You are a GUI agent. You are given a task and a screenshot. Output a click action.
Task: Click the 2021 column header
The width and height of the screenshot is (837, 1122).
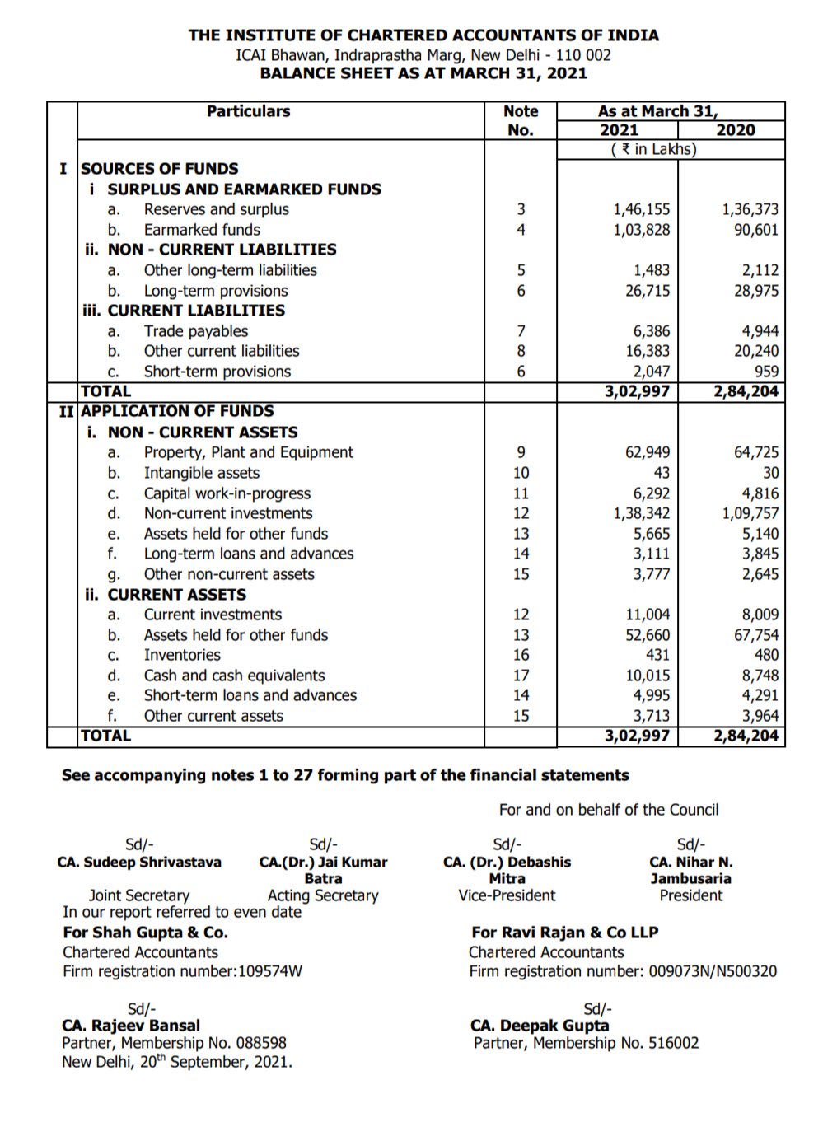[x=618, y=130]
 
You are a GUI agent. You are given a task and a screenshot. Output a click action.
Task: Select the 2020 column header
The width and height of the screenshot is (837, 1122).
[x=735, y=130]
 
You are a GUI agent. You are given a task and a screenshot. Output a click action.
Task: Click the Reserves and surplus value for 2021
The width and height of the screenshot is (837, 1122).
[x=641, y=210]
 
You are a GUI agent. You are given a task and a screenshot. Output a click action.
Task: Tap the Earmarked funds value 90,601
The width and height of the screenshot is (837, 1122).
[x=755, y=230]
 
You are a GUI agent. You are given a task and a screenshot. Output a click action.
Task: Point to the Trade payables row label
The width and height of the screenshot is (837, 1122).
[x=195, y=331]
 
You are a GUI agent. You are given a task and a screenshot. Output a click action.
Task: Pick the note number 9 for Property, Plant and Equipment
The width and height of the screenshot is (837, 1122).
[x=521, y=452]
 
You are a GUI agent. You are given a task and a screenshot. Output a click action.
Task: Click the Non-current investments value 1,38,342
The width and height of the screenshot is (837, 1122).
[x=641, y=513]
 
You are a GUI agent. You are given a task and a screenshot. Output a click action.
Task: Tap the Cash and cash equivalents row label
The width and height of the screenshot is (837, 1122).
[x=234, y=676]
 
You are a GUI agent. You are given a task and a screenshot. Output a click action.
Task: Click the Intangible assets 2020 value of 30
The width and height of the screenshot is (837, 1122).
[x=769, y=473]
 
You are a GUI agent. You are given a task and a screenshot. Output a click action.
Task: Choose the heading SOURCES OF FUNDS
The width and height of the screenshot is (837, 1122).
[x=160, y=169]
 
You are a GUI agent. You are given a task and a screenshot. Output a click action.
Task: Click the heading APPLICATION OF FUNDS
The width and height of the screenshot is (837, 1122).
[x=177, y=411]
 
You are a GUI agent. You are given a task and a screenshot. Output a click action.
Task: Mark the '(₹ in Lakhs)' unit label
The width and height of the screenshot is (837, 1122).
[x=653, y=150]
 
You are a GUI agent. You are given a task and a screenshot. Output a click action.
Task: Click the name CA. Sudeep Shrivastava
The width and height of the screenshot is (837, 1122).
[x=139, y=863]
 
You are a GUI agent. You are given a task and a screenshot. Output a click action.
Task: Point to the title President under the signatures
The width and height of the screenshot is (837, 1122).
[x=690, y=895]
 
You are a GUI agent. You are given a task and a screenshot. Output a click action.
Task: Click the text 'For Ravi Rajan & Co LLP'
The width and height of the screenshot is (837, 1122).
[x=564, y=933]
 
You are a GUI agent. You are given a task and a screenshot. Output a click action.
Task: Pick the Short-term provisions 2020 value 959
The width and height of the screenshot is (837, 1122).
[x=765, y=372]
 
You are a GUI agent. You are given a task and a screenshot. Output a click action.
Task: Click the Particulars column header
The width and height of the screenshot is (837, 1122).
[x=248, y=111]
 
